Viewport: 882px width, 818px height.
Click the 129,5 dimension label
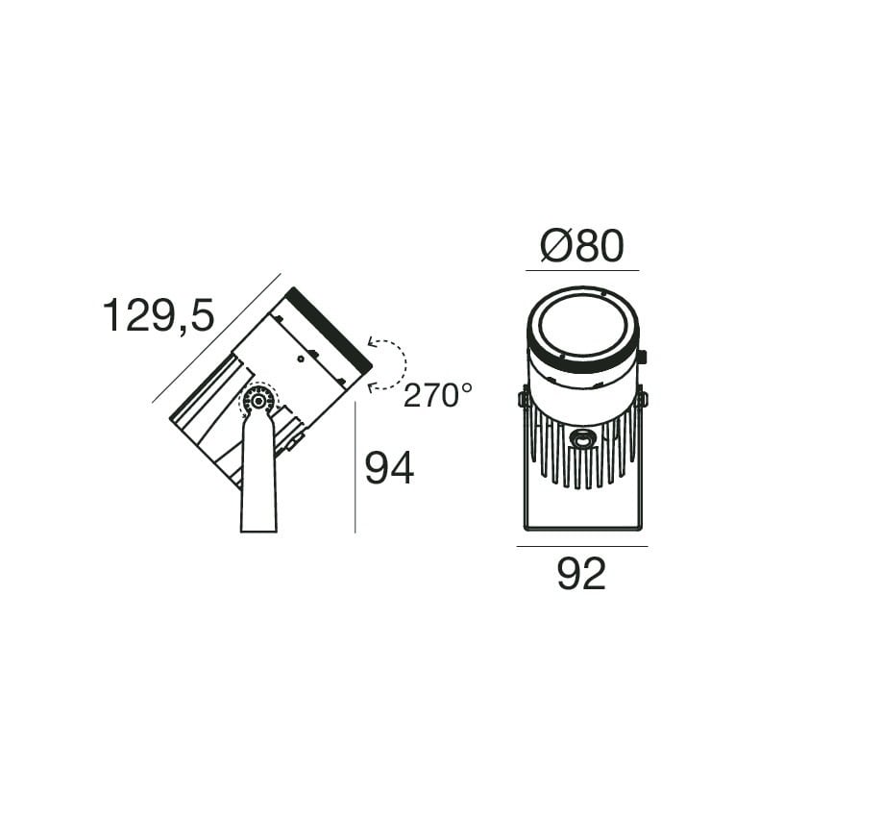tap(159, 315)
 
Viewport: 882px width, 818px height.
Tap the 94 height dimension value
tap(389, 468)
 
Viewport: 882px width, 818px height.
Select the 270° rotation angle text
tap(437, 395)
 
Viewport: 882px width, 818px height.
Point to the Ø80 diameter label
tap(582, 246)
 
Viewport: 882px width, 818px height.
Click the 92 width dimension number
tap(581, 574)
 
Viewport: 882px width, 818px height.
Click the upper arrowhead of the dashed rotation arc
tap(371, 341)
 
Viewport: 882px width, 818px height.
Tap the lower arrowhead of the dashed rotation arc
tap(371, 386)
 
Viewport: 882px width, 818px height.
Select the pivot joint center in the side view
tap(258, 401)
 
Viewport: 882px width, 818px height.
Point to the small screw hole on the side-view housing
tap(301, 359)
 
